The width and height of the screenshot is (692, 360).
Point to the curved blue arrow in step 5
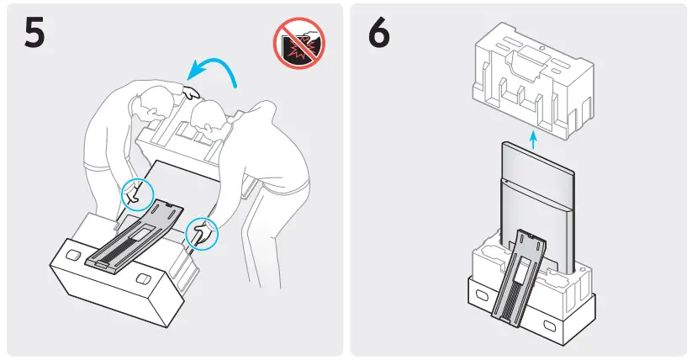click(x=214, y=71)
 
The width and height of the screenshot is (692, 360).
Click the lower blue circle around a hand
click(x=200, y=233)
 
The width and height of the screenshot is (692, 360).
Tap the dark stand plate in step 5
click(x=139, y=236)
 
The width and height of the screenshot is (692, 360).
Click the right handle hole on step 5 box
click(x=143, y=278)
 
